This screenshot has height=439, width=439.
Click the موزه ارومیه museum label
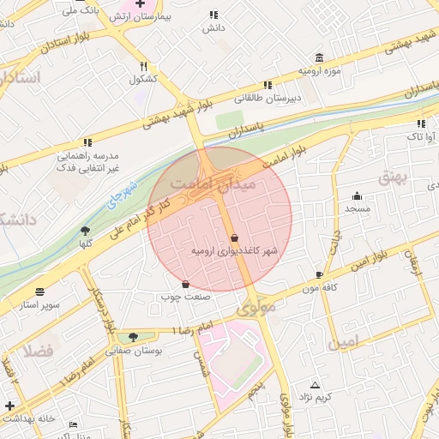[x=320, y=69]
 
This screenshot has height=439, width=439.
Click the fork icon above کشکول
[x=144, y=66]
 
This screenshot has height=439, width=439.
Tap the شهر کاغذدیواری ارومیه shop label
[x=235, y=251]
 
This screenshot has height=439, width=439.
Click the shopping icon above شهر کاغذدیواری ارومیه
[x=235, y=238]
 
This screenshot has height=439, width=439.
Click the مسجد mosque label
[x=358, y=208]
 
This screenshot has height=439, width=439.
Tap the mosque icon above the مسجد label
[x=358, y=195]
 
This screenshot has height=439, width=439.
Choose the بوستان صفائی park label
[x=130, y=350]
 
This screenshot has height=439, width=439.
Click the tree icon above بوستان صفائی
[x=131, y=337]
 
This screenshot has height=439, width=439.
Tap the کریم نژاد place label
[x=316, y=399]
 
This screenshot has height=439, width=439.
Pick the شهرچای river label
[x=119, y=196]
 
